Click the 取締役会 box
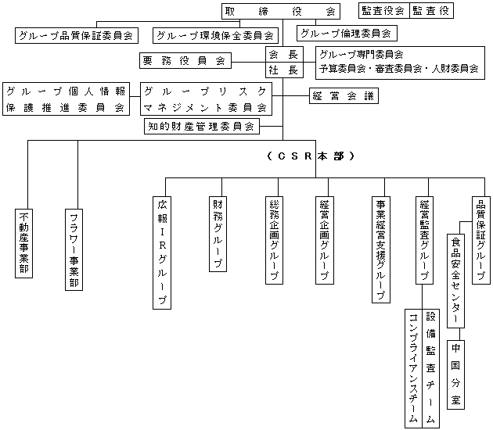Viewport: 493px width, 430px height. (281, 11)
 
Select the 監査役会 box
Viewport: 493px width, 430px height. (384, 11)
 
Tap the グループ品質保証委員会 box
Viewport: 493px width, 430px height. (77, 35)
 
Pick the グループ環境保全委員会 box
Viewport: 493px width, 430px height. (215, 35)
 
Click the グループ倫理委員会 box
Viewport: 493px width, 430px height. (347, 34)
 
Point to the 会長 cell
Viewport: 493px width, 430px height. (284, 55)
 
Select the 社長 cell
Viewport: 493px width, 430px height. (284, 70)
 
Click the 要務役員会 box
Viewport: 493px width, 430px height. (185, 61)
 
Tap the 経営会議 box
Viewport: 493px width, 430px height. (344, 96)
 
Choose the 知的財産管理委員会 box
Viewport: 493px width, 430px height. (202, 127)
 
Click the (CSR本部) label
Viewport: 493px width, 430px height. (311, 156)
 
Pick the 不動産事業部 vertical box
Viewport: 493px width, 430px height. (24, 243)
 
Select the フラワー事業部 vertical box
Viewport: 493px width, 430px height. (74, 249)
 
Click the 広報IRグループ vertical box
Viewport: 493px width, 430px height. (162, 253)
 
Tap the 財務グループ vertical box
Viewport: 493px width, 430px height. (218, 234)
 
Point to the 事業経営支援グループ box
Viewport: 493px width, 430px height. (381, 249)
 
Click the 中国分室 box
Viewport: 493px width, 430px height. (456, 374)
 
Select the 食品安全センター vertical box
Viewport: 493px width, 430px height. (456, 281)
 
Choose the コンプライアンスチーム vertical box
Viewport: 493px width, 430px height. (414, 369)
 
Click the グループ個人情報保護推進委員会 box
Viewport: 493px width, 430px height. (66, 99)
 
